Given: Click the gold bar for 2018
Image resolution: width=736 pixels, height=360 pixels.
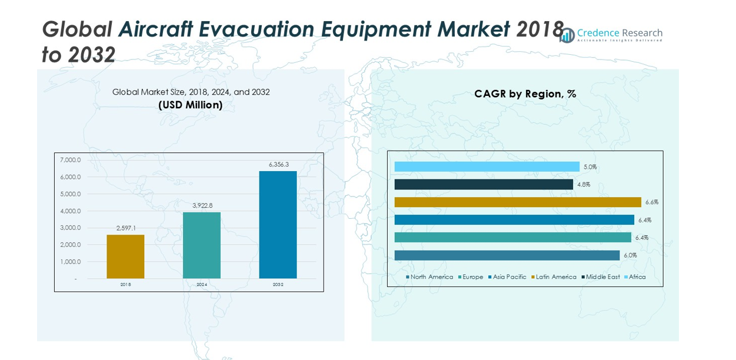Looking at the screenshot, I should [x=125, y=256].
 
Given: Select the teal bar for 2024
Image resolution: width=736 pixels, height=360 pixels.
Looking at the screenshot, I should [x=202, y=245].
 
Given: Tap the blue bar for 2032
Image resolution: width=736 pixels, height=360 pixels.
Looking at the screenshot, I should [x=278, y=225].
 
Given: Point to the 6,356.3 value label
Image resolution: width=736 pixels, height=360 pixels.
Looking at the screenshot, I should [x=279, y=165].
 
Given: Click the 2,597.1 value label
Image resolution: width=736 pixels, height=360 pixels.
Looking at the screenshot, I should [x=126, y=228].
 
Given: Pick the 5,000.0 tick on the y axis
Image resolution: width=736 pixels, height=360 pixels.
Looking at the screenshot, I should [x=71, y=194].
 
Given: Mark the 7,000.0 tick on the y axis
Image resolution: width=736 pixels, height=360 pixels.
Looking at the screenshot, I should [x=71, y=160].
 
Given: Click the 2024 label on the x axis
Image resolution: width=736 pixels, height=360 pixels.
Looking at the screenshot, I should [x=202, y=285].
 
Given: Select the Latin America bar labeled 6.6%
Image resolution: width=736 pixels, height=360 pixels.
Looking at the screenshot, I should [x=518, y=202].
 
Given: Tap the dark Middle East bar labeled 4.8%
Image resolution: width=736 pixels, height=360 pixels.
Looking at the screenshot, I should [x=484, y=185].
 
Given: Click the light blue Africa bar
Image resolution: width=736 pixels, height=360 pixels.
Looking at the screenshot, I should [x=487, y=167].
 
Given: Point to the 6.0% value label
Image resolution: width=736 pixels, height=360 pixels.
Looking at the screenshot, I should [x=630, y=255].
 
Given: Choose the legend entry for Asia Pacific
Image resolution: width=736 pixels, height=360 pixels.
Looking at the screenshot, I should [x=509, y=277].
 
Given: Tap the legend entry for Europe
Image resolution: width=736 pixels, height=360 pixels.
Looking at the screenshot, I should [x=472, y=277].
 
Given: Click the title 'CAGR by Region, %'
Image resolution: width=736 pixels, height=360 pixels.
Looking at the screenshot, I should [x=525, y=94].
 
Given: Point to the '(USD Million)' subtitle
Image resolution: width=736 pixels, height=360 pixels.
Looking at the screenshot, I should [x=191, y=105].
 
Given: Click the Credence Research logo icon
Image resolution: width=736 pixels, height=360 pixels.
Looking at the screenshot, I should [x=567, y=35].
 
